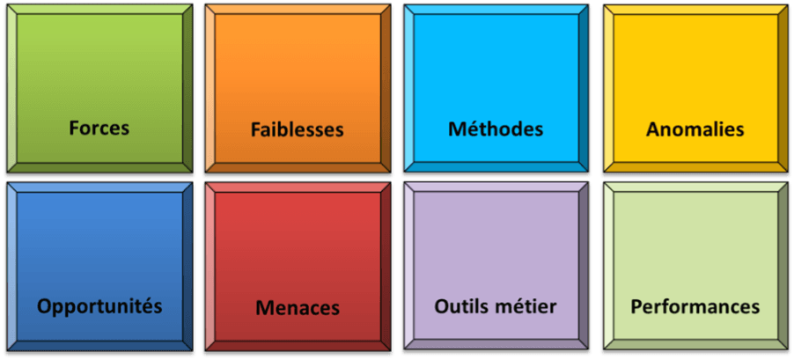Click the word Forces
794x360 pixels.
coord(99,128)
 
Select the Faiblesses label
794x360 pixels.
coord(297,129)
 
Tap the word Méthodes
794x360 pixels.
coord(496,129)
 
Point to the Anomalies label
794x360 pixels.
coord(695,129)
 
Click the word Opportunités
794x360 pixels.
coord(99,306)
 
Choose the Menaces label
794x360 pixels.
coord(298,308)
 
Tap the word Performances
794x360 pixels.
coord(695,306)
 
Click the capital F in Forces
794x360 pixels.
coord(74,128)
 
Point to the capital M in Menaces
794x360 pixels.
coord(263,308)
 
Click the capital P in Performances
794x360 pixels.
coord(636,306)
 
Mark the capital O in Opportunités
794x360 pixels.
coord(44,306)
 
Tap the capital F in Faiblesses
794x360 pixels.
coord(255,129)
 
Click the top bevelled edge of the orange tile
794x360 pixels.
coord(297,10)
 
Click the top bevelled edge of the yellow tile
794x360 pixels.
coord(695,10)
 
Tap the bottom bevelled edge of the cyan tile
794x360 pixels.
coord(496,166)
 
